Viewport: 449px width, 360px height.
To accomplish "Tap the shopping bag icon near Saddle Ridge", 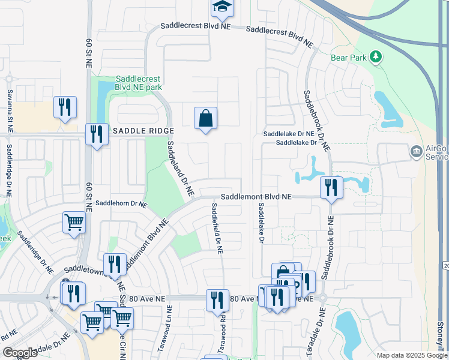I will [205, 118].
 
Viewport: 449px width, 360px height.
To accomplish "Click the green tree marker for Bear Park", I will [376, 56].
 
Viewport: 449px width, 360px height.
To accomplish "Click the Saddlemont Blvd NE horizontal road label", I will [256, 196].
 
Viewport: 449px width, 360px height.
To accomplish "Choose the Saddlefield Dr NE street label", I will [217, 228].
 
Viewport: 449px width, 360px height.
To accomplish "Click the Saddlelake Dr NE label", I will [289, 134].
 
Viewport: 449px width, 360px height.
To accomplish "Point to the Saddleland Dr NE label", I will [179, 169].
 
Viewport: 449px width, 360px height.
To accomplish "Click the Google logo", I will [20, 353].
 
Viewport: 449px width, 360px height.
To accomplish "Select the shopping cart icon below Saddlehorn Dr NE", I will [74, 222].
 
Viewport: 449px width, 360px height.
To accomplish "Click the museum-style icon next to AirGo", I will [415, 152].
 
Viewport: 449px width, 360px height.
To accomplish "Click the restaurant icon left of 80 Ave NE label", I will [217, 300].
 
